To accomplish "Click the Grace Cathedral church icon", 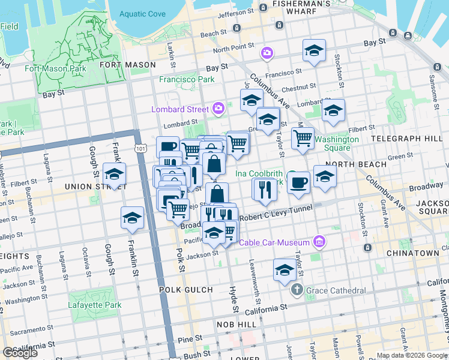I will coord(297,290).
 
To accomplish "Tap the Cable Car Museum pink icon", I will coord(319,242).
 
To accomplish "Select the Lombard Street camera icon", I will coord(218,109).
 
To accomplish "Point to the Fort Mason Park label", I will coord(55,68).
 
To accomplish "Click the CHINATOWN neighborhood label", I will coord(412,253).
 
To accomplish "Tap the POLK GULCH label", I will coord(186,290).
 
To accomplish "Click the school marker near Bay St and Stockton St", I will coord(313,51).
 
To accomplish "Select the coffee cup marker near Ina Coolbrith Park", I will coord(298,183).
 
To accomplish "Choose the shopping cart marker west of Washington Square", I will coord(303,138).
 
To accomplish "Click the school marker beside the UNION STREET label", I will coord(113,174).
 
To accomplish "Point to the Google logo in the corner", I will coord(20,353).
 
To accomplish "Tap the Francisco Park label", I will coord(187,79).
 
